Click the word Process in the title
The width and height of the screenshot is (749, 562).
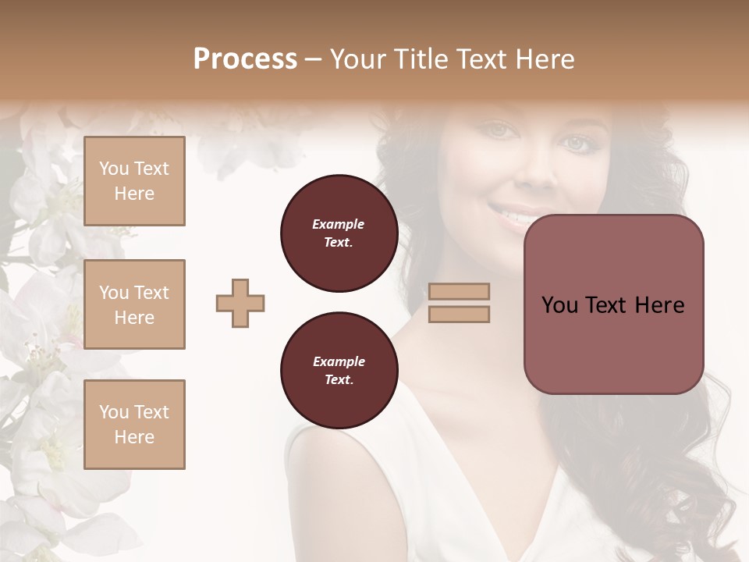click(245, 59)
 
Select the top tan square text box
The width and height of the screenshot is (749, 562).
click(134, 181)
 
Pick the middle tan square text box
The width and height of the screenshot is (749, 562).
click(134, 304)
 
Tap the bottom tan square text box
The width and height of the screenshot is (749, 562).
click(134, 425)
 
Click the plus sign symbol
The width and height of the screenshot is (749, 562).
click(240, 303)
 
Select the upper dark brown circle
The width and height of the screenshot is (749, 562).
click(339, 233)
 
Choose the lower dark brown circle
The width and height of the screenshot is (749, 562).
click(339, 371)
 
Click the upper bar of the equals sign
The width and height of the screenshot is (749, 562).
click(459, 292)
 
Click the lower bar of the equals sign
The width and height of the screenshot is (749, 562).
click(459, 314)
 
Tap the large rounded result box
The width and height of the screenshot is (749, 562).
click(613, 304)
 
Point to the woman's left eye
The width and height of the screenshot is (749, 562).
click(577, 144)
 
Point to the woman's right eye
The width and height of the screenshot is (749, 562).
click(499, 130)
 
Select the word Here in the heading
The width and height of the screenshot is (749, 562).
click(547, 59)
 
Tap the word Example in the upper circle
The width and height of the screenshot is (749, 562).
click(339, 225)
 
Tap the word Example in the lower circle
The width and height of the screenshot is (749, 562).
click(339, 362)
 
